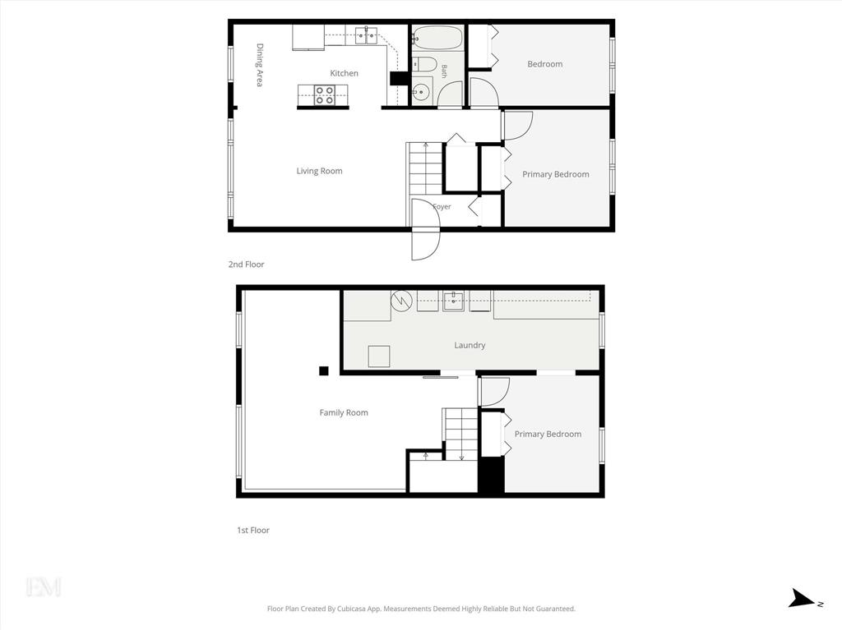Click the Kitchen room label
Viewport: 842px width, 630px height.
(x=344, y=73)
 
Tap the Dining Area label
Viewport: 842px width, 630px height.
(x=260, y=65)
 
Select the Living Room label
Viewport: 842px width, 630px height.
(x=319, y=171)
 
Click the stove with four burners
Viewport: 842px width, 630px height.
(x=324, y=95)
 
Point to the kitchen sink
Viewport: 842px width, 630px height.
(x=366, y=35)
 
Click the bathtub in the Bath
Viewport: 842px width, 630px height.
(x=437, y=38)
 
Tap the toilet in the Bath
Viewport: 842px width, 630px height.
(x=423, y=64)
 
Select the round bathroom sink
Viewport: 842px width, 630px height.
(x=421, y=92)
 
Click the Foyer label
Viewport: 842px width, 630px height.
(x=442, y=207)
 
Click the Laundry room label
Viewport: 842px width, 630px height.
(x=470, y=345)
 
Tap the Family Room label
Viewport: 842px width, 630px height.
(x=344, y=412)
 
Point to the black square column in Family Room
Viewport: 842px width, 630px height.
(x=324, y=370)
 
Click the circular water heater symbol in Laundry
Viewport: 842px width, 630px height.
(x=401, y=301)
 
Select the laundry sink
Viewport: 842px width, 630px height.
(x=453, y=301)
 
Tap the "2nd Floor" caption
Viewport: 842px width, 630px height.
(x=246, y=264)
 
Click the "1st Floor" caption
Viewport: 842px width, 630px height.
(x=253, y=530)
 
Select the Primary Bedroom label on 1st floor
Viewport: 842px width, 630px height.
(x=548, y=435)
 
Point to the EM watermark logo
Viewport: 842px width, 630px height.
(x=44, y=587)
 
